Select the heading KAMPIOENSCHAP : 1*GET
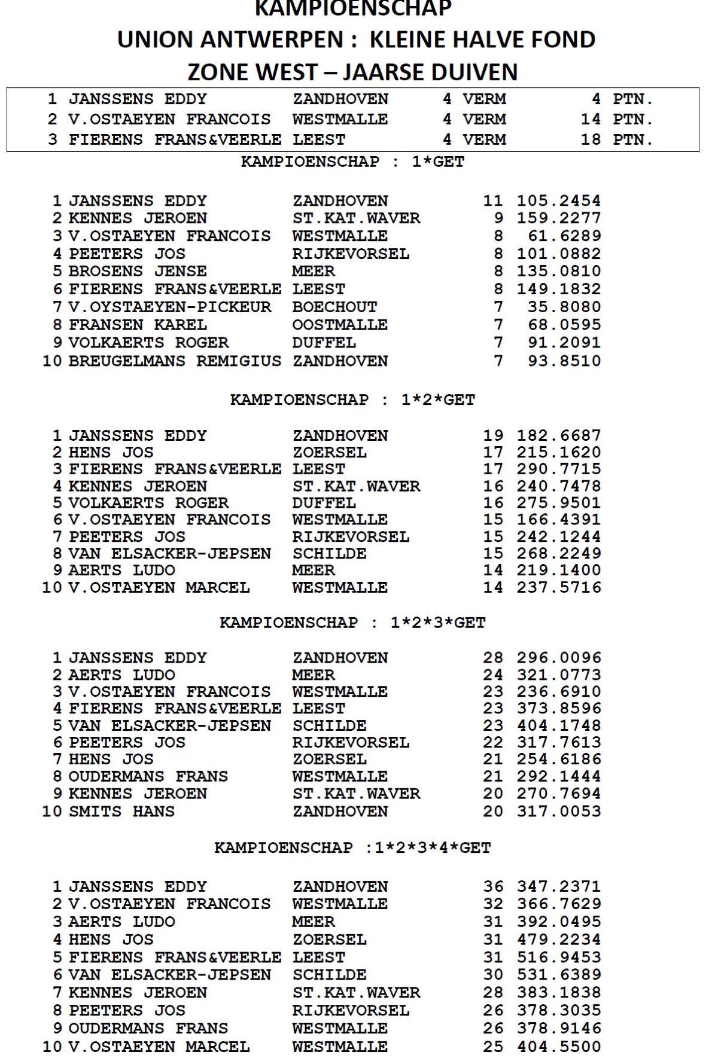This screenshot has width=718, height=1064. (352, 162)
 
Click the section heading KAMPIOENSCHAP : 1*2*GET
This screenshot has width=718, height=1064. (352, 400)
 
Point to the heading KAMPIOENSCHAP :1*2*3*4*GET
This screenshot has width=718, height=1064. (352, 848)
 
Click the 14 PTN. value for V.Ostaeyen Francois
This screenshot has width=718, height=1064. (616, 119)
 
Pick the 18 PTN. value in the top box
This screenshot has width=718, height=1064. (616, 139)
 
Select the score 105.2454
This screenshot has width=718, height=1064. (559, 201)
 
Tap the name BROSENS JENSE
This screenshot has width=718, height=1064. (138, 272)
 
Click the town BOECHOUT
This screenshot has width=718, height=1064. (334, 307)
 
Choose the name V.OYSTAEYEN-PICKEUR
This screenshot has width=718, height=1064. (169, 307)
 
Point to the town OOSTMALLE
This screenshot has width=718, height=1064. (340, 325)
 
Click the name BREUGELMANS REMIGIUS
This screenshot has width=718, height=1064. (175, 361)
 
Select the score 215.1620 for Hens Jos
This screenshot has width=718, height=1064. (559, 453)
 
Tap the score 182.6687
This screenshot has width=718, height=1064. (559, 436)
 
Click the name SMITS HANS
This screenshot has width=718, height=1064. (121, 812)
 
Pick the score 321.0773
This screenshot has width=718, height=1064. (559, 675)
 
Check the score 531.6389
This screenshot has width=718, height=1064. (559, 975)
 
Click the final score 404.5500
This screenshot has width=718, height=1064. (559, 1047)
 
